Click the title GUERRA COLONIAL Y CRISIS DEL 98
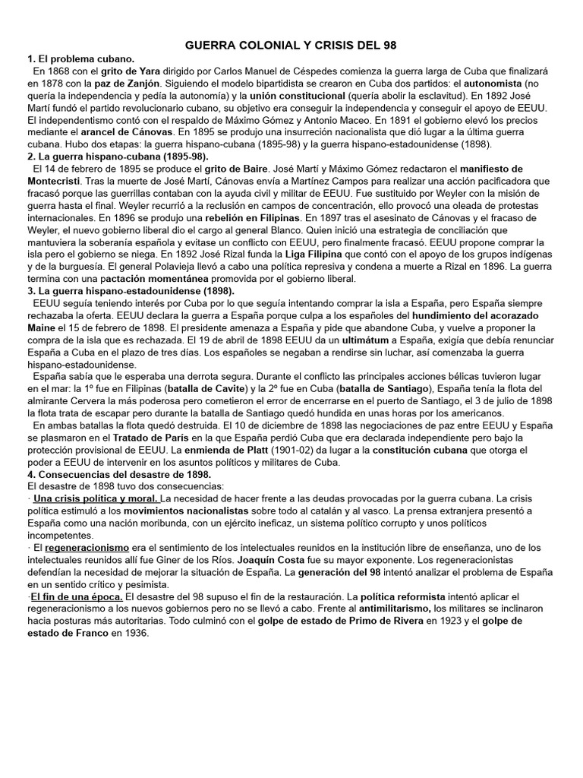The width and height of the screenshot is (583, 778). point(291,46)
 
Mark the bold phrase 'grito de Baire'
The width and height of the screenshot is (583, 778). point(229,167)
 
